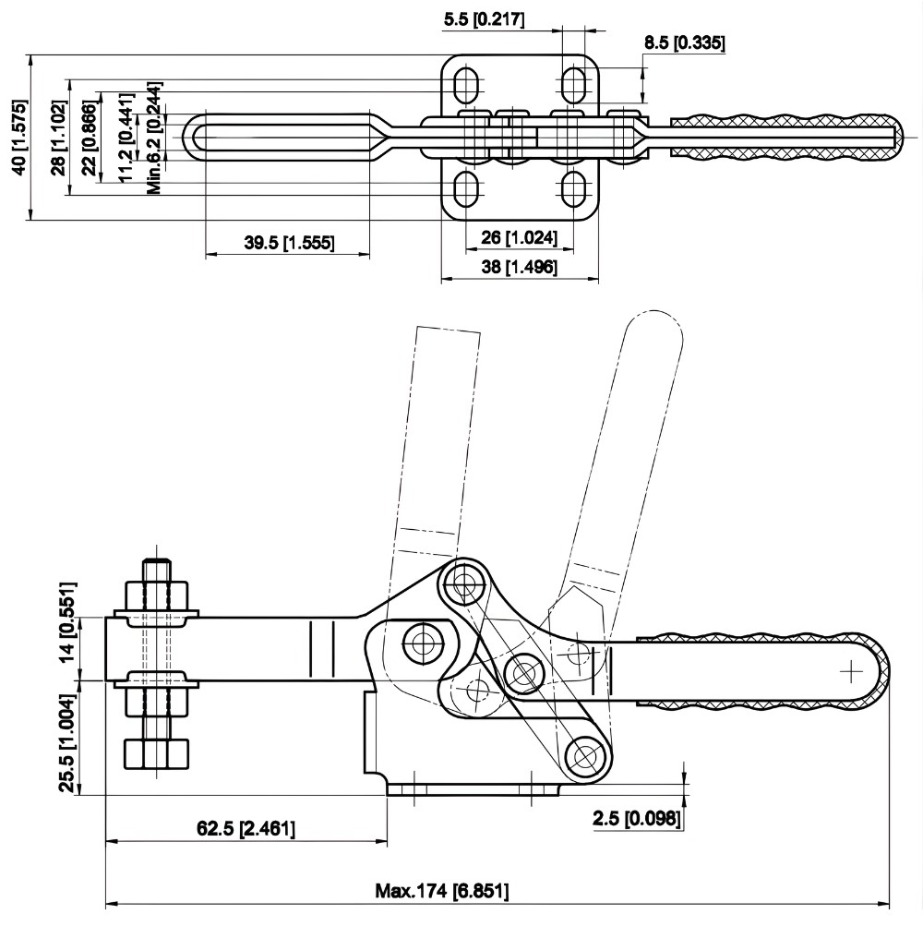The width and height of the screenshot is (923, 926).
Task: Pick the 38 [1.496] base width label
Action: tap(520, 267)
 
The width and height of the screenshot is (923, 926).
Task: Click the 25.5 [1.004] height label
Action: tap(67, 741)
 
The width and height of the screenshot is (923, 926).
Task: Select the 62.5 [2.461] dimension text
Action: tap(246, 828)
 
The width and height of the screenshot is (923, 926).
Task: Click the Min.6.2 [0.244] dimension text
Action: tap(155, 138)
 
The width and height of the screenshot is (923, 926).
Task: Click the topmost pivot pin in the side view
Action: tap(467, 582)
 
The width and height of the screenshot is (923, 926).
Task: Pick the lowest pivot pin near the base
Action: tap(584, 756)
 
